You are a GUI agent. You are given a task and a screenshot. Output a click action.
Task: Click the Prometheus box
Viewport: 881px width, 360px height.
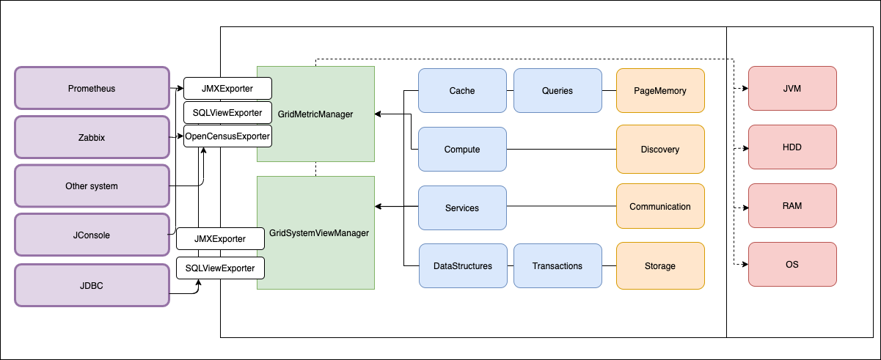click(92, 89)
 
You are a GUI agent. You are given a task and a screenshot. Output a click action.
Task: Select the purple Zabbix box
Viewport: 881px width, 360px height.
click(92, 137)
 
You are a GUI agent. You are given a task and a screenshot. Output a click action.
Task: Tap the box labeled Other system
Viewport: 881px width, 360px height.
click(92, 186)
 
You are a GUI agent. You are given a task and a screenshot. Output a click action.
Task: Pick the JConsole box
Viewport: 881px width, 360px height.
click(92, 235)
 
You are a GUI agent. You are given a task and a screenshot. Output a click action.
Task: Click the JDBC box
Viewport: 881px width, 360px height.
click(92, 284)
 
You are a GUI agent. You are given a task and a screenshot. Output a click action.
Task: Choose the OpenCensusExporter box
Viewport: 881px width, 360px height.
click(227, 136)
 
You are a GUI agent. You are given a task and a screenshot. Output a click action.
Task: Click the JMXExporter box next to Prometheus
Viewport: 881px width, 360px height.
click(227, 89)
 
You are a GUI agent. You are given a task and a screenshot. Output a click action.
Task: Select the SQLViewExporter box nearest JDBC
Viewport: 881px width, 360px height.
click(220, 268)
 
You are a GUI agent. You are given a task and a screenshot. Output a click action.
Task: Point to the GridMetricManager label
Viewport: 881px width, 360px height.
click(315, 114)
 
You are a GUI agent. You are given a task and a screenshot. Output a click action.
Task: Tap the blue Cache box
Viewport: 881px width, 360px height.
click(462, 91)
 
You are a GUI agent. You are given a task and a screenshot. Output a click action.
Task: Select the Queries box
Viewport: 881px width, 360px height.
click(558, 91)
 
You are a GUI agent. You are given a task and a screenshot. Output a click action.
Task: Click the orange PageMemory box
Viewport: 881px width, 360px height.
click(660, 91)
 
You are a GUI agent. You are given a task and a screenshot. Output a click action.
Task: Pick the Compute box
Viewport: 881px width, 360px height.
click(462, 150)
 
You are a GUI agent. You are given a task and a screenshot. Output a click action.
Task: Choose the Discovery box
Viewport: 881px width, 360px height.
click(660, 150)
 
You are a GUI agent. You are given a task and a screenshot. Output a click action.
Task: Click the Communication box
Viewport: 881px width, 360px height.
click(660, 207)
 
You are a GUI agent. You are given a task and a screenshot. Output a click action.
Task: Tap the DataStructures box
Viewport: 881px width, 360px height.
click(462, 266)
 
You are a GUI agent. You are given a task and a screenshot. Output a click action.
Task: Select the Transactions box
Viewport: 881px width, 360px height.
click(558, 266)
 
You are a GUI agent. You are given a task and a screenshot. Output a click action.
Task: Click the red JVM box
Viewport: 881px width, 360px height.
click(792, 89)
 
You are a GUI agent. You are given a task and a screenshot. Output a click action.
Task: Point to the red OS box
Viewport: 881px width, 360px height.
click(792, 264)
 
